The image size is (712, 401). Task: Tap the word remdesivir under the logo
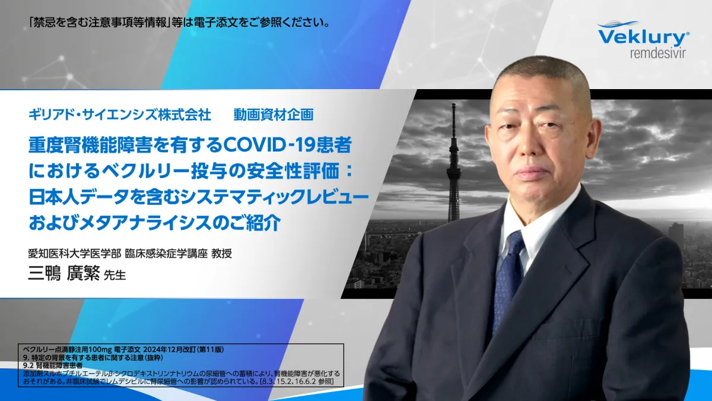[657, 53]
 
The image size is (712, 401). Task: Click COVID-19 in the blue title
[271, 145]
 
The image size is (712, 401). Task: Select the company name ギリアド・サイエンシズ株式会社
[119, 115]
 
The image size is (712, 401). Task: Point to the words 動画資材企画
[274, 115]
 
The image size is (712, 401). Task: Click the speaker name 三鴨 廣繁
[64, 273]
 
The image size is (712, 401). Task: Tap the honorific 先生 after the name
[115, 275]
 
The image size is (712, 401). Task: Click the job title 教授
[221, 253]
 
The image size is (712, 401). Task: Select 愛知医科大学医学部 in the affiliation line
[75, 253]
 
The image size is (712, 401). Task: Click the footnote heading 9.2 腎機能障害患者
[53, 365]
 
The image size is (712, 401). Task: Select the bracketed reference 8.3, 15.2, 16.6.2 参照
[297, 381]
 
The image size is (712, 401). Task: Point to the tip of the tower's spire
[453, 104]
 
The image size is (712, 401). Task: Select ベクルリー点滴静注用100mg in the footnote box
[67, 349]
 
